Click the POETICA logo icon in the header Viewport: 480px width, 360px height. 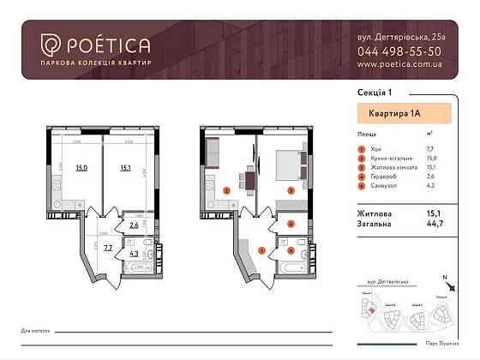[50, 45]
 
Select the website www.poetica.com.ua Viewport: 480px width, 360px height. [399, 63]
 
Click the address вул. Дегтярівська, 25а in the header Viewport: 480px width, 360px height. [399, 38]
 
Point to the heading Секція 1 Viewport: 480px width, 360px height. [370, 91]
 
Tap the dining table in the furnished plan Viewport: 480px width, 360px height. [246, 180]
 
